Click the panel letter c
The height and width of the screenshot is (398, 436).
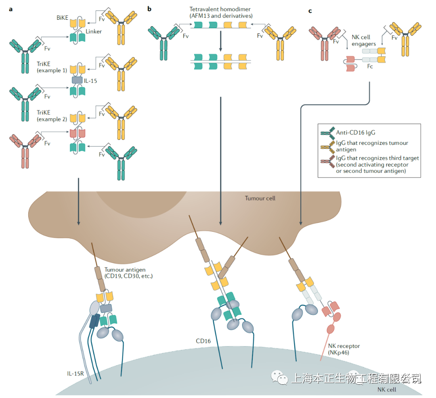tap(310, 10)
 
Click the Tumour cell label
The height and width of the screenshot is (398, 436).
tap(260, 198)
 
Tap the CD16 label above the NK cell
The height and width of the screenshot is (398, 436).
tap(203, 341)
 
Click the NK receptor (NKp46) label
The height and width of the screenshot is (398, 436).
tap(344, 349)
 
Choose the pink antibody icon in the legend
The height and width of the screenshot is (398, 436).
tap(327, 161)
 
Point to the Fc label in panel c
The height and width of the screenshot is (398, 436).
tap(371, 67)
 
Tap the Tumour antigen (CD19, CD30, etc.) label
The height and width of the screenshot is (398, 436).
tap(128, 272)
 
